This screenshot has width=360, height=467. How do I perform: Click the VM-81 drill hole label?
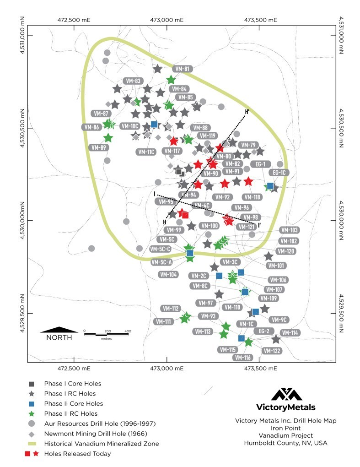coord(183,69)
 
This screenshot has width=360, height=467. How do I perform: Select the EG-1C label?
coord(279,173)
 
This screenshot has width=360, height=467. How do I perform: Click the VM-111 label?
coord(162,322)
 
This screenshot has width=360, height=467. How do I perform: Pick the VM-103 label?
coord(289,230)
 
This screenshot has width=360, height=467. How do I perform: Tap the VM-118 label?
coord(252,197)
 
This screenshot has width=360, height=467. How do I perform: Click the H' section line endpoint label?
coord(247,111)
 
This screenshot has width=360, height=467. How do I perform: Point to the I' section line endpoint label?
coord(260,225)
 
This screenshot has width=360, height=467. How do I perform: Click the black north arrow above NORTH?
coord(59,329)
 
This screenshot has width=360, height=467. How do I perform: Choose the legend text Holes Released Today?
coord(77,454)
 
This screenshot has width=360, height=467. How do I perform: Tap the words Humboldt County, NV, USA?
coord(286,443)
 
